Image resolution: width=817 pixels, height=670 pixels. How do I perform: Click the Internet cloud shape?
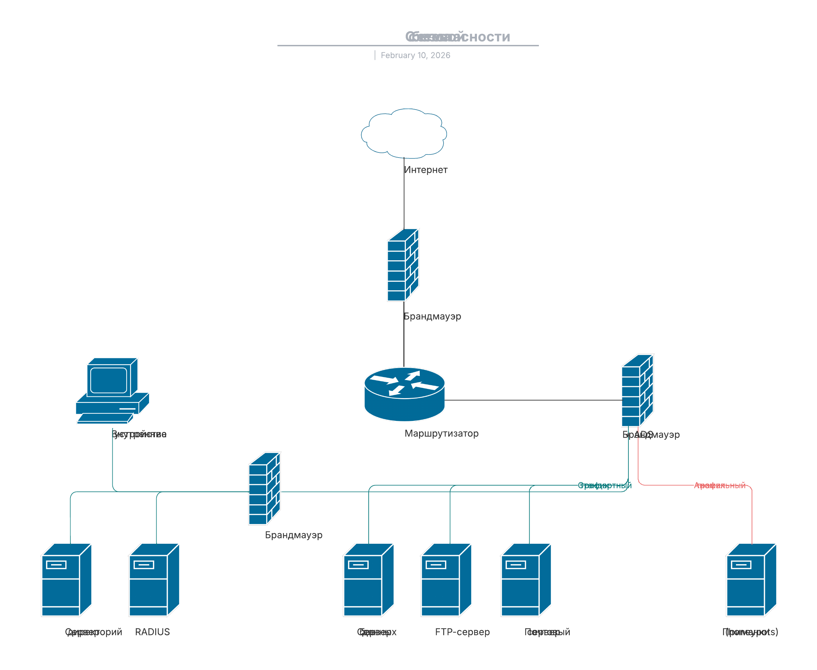404,133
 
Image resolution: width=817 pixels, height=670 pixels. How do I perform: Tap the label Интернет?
426,170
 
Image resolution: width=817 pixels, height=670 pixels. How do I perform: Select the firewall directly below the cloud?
403,265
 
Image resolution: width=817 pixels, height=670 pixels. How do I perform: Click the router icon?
404,394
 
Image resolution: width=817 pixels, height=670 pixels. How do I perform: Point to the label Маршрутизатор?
441,434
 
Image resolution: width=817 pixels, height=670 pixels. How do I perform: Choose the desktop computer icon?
112,391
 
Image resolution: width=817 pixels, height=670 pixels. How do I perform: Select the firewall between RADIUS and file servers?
265,489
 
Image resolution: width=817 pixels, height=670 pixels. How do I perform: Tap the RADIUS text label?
152,632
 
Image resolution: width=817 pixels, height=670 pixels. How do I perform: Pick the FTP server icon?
446,580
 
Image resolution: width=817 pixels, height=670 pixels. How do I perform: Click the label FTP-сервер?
462,632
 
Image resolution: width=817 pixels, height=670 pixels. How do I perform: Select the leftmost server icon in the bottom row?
66,580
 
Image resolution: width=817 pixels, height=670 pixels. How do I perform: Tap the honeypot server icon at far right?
751,580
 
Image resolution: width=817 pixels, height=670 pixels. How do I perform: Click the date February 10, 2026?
415,55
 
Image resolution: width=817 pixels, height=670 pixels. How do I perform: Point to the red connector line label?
719,485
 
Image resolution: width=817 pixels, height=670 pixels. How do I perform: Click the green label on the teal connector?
604,485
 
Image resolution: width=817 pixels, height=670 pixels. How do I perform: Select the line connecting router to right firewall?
533,400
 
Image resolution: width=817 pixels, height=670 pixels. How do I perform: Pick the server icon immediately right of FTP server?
526,580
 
